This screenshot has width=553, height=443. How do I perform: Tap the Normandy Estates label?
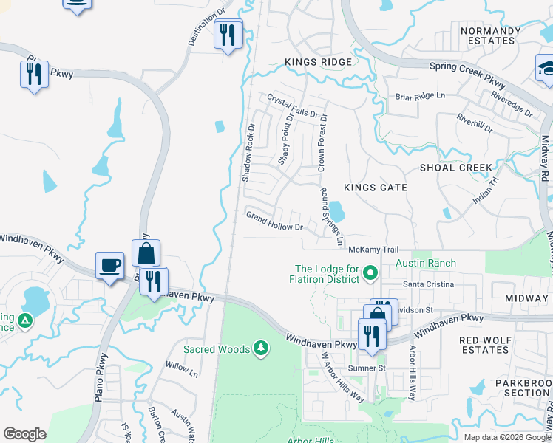tap(490, 35)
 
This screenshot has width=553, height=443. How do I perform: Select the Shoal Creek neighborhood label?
tap(456, 168)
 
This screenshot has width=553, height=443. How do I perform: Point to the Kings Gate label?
tap(373, 188)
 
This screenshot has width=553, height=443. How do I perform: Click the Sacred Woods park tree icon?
tap(260, 347)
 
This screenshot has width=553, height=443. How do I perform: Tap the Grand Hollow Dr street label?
tap(274, 221)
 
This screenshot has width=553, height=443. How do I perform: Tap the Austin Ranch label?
tap(426, 263)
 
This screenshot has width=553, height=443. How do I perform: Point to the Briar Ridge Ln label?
tap(421, 96)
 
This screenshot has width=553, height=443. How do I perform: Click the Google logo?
tap(24, 434)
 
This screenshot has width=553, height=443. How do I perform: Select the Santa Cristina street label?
tap(427, 284)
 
